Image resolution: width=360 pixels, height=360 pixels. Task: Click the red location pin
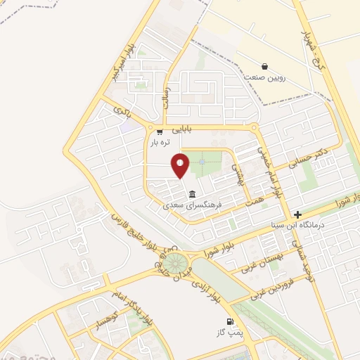pyautogui.click(x=181, y=165)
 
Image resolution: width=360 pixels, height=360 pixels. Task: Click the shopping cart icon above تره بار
pyautogui.click(x=160, y=131)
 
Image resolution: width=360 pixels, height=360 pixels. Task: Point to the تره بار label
pyautogui.click(x=160, y=142)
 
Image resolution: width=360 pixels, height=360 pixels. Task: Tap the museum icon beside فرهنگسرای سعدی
pyautogui.click(x=191, y=194)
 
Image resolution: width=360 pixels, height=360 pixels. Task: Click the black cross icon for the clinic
pyautogui.click(x=298, y=214)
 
